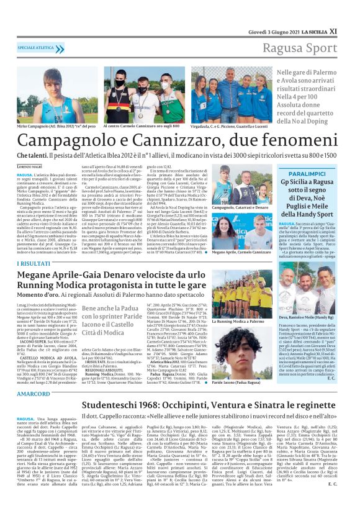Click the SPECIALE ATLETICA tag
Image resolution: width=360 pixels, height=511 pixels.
[x=36, y=47]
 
